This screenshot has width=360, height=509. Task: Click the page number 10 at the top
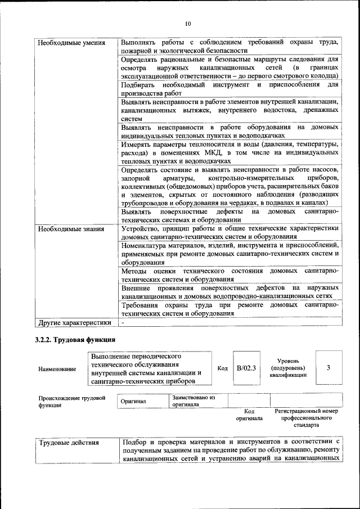187,23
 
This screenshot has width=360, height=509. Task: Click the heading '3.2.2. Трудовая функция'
75,340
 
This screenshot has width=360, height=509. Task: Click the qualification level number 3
328,367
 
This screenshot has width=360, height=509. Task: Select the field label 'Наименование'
57,369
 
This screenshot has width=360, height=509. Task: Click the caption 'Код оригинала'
249,415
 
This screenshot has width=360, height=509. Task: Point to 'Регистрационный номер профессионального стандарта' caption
307,418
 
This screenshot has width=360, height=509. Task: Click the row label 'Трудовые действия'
69,443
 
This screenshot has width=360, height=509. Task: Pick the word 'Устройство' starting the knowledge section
141,228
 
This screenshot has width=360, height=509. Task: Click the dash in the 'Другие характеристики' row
123,323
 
